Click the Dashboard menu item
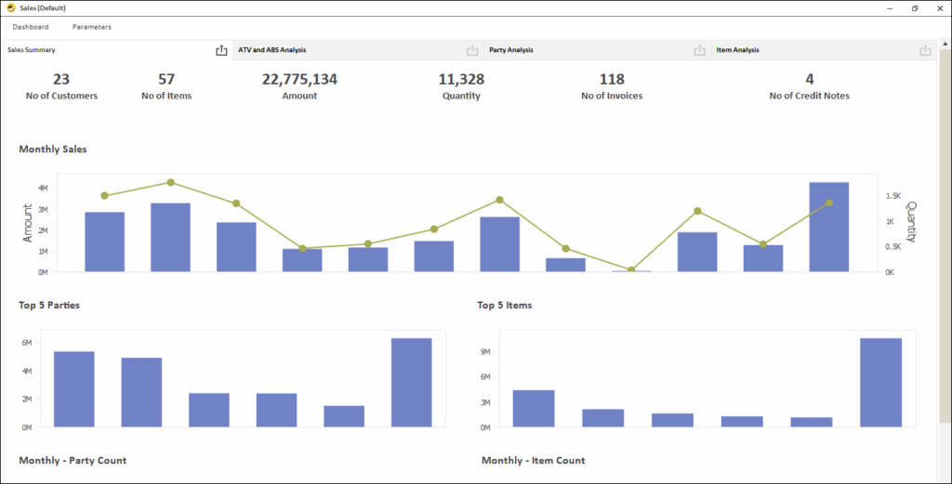tap(31, 27)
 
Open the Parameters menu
tap(92, 27)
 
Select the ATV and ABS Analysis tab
tap(272, 50)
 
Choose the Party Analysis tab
tap(511, 50)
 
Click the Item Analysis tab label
tap(738, 50)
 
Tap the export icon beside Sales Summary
tap(221, 50)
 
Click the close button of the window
tap(940, 7)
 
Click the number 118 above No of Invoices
tap(612, 80)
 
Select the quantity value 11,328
tap(461, 80)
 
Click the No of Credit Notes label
tap(809, 96)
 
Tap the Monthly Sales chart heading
tap(53, 149)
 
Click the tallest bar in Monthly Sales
tap(828, 227)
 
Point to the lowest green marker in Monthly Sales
tap(631, 270)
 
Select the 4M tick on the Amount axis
tap(43, 188)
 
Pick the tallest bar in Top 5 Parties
tap(411, 382)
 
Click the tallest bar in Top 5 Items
tap(880, 382)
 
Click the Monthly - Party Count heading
tap(73, 461)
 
